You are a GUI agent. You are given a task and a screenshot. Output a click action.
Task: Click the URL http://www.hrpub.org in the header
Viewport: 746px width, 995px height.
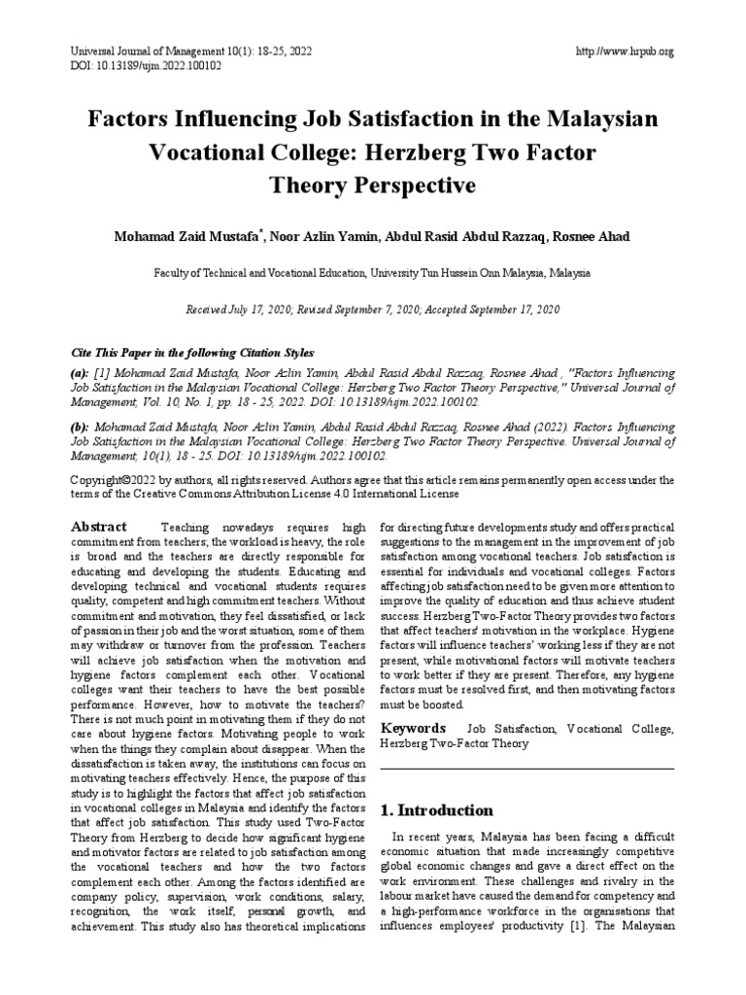pyautogui.click(x=625, y=51)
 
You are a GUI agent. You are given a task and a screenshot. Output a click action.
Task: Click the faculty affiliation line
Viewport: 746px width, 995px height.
pyautogui.click(x=372, y=275)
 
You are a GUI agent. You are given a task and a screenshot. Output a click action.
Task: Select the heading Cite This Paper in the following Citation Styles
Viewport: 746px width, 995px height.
pyautogui.click(x=193, y=352)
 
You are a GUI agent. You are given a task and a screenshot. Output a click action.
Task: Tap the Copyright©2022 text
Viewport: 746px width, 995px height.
pyautogui.click(x=118, y=480)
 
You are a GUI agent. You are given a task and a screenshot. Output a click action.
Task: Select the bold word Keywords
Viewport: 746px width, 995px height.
pyautogui.click(x=413, y=728)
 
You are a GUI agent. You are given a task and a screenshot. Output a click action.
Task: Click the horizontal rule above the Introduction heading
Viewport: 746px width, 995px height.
pyautogui.click(x=526, y=768)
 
